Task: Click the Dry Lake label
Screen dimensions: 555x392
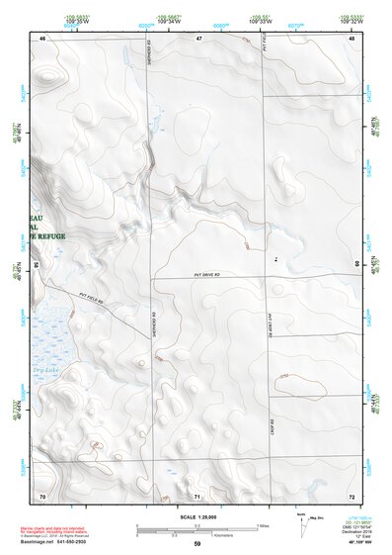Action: pyautogui.click(x=47, y=371)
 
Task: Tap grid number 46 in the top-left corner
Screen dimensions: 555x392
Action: pyautogui.click(x=42, y=38)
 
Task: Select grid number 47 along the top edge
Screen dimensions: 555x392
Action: pyautogui.click(x=198, y=38)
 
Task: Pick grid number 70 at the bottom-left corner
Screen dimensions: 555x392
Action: pyautogui.click(x=42, y=494)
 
